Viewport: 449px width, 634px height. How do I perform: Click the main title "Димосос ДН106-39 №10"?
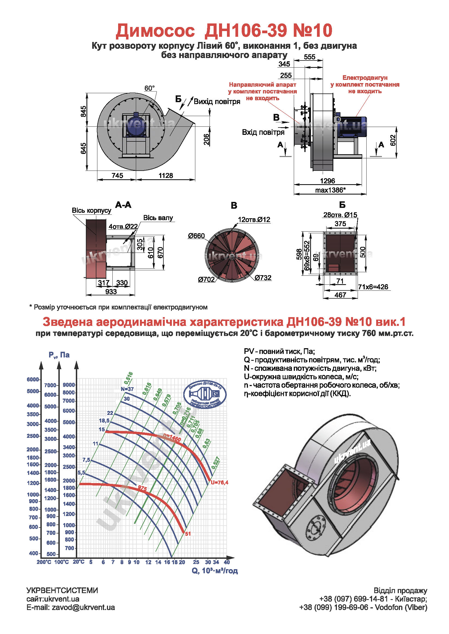224,30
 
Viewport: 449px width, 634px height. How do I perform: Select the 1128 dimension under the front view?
166,175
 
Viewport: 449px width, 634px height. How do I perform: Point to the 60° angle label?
149,88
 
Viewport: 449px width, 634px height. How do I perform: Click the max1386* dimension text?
330,190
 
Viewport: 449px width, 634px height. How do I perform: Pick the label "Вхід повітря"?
263,132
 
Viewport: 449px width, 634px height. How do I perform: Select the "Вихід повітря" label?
217,102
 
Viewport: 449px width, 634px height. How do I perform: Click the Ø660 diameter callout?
196,236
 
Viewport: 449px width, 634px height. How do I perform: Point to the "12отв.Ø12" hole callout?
254,220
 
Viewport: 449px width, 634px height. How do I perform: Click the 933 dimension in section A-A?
111,292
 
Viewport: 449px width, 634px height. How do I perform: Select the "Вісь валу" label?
158,218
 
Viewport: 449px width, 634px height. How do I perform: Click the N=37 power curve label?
127,389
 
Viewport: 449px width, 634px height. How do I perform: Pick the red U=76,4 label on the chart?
220,483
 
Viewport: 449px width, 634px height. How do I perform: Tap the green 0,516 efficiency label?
128,378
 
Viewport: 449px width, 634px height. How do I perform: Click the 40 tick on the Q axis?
227,562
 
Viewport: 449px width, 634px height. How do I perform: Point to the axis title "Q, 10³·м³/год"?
215,571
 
